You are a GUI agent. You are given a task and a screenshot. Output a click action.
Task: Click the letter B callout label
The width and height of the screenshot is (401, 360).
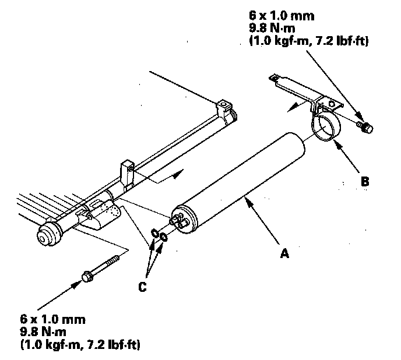click(364, 181)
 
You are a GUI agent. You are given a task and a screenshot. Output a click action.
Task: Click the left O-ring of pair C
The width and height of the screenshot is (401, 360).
click(154, 233)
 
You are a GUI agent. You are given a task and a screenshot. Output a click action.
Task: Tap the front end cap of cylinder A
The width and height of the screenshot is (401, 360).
click(185, 220)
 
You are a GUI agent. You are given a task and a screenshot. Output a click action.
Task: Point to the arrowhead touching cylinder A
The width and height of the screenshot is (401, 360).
click(248, 202)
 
